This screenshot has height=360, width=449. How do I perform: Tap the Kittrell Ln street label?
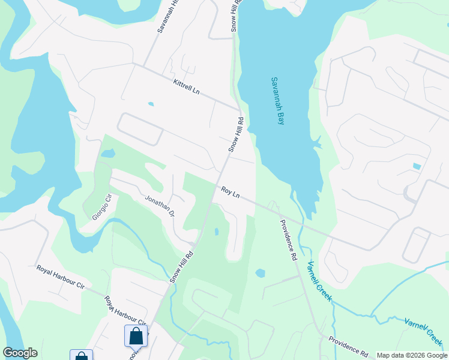tap(185, 88)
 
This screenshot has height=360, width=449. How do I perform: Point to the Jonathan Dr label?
tap(159, 205)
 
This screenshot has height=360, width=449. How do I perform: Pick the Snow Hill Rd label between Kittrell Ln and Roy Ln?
tap(234, 135)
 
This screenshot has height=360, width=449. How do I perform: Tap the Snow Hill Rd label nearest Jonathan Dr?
tap(181, 266)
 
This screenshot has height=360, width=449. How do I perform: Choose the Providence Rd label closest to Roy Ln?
tap(288, 239)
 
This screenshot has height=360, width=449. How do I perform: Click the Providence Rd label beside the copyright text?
tap(348, 347)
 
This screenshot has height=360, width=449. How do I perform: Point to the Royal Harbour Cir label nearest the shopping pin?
tap(125, 310)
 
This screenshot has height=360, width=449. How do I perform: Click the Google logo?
tap(20, 353)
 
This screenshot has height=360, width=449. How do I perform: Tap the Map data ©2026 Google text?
tap(411, 355)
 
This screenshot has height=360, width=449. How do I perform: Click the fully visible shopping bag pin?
tap(136, 336)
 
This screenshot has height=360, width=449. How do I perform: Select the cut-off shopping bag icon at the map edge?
tap(82, 356)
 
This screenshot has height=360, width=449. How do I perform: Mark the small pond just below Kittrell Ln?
tap(151, 104)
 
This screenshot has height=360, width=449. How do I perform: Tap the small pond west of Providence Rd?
tap(260, 273)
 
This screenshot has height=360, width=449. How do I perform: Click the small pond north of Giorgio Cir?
tap(108, 154)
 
